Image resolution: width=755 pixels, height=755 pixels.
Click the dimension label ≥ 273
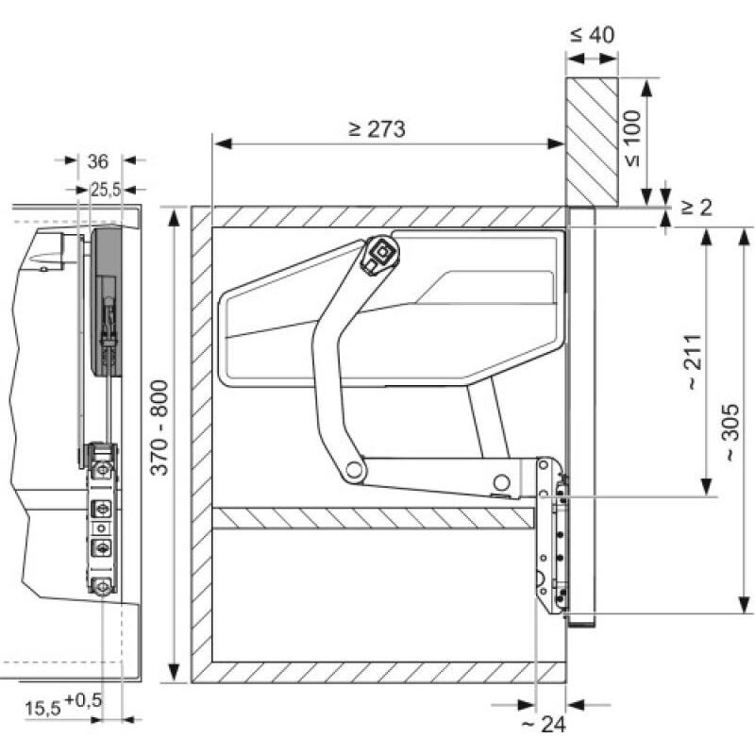tap(377, 129)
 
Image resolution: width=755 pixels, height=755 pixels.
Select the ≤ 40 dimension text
tap(593, 35)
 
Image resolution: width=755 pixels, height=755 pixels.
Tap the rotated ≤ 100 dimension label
tap(633, 138)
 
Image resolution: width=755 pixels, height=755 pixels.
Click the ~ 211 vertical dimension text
tap(694, 361)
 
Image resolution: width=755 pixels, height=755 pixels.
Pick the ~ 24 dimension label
tap(544, 724)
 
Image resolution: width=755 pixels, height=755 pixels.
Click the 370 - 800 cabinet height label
tap(159, 428)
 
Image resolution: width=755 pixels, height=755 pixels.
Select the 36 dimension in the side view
tap(98, 161)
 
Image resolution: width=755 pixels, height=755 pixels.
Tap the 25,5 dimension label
tap(106, 190)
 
